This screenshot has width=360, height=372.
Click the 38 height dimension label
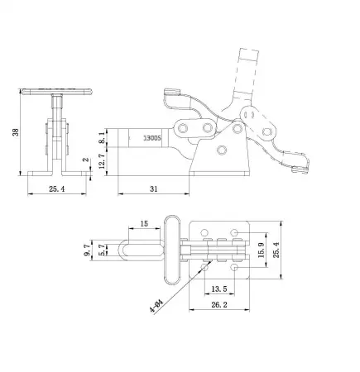point(16,132)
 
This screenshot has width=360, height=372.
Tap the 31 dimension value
point(154,189)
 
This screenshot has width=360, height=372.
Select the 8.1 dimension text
point(102,137)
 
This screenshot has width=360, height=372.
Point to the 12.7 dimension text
point(102,161)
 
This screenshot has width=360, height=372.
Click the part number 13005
point(152,138)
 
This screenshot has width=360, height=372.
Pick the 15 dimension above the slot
point(144,223)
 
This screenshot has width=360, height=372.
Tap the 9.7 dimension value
point(88,250)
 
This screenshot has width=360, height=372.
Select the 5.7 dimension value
point(102,250)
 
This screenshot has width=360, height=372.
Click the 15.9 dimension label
point(262,250)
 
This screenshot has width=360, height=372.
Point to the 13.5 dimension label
point(219,289)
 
